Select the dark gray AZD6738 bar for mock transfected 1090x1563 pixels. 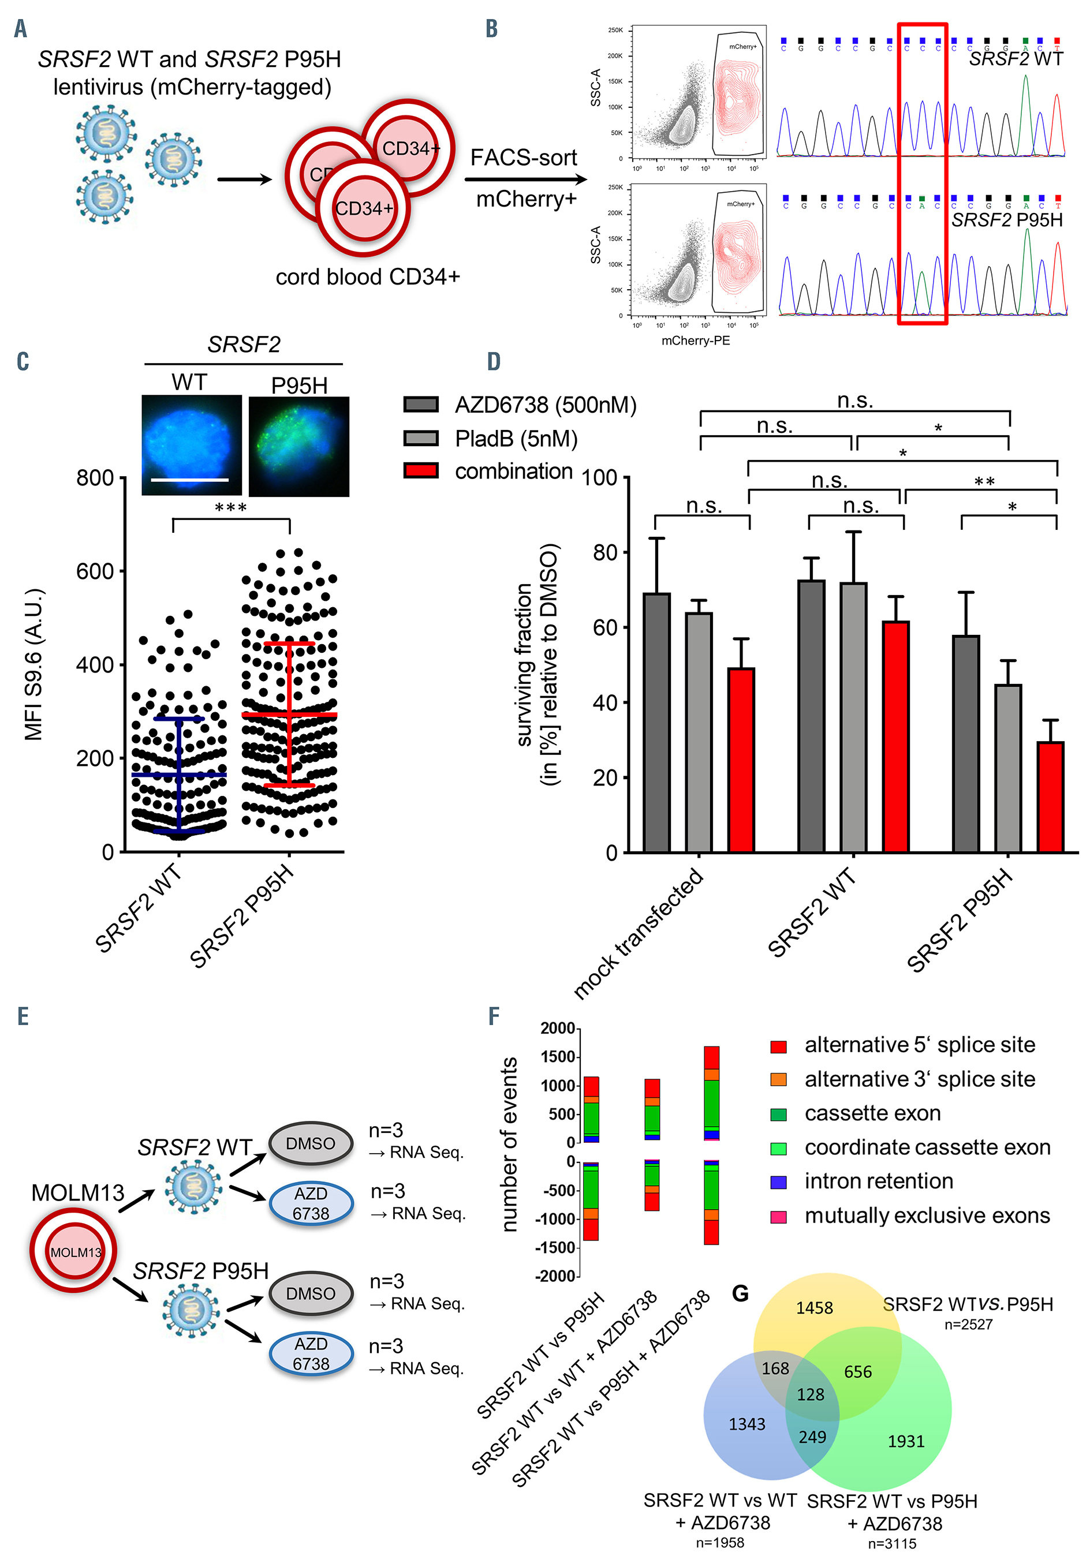(x=656, y=721)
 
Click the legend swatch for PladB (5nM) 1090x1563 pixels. (x=421, y=438)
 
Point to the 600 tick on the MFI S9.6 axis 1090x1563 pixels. (x=122, y=571)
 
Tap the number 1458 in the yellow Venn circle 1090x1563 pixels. (x=814, y=1308)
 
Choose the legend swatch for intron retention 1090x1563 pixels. (x=778, y=1183)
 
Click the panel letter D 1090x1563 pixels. (x=494, y=361)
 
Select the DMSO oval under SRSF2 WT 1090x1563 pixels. (x=311, y=1143)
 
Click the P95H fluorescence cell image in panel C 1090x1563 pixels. (x=299, y=447)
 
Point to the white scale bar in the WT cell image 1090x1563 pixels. (x=189, y=480)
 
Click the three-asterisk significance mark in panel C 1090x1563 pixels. (x=230, y=507)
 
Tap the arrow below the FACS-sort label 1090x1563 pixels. (x=524, y=180)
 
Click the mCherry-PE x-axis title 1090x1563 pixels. (x=695, y=341)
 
